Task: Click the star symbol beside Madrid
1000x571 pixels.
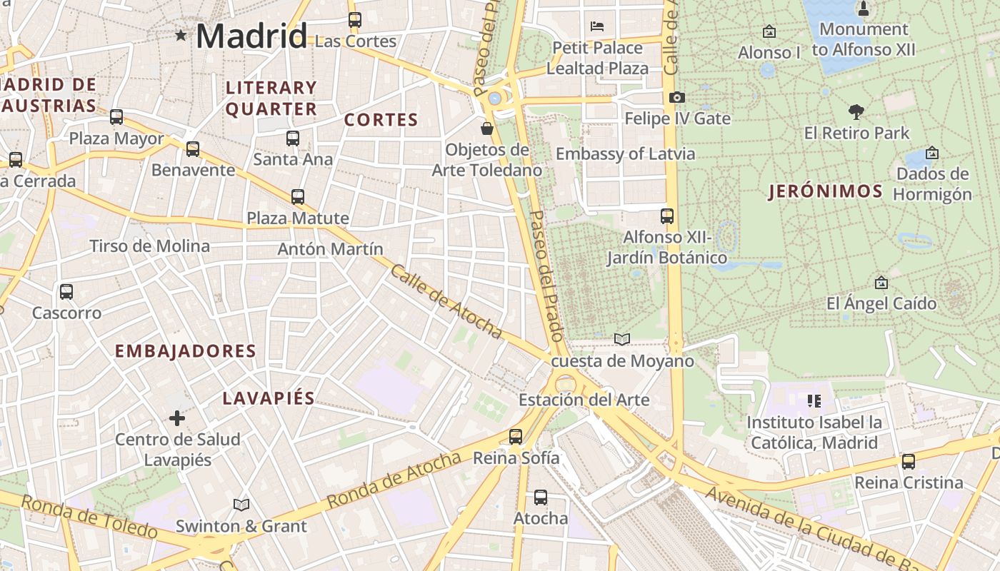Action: (x=181, y=35)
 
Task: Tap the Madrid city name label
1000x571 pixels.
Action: (x=251, y=36)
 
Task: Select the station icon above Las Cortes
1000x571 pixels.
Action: (x=355, y=20)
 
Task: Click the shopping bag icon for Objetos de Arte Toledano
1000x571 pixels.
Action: (x=487, y=128)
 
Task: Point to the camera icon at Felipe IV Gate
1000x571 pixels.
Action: (x=676, y=97)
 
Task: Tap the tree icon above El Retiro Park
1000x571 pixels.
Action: (x=856, y=112)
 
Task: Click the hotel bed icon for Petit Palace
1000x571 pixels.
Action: (x=597, y=27)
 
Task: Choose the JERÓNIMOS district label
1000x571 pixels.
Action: (x=826, y=191)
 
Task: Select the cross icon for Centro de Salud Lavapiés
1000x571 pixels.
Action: (x=177, y=418)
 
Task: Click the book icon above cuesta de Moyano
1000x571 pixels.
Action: (x=622, y=340)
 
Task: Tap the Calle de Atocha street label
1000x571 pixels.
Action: (x=446, y=301)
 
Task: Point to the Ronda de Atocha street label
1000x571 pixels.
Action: (x=394, y=480)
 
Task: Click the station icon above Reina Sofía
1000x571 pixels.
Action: (x=516, y=437)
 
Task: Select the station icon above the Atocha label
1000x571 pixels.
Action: (x=541, y=497)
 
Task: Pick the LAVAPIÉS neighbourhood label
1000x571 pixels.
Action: (x=269, y=398)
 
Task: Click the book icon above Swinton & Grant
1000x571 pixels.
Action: (x=241, y=505)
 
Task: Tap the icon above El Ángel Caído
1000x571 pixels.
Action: (x=881, y=283)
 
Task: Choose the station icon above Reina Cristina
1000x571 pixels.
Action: (x=909, y=462)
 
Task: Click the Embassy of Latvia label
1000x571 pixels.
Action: (x=625, y=153)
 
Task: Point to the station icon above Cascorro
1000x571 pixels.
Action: (x=66, y=292)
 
